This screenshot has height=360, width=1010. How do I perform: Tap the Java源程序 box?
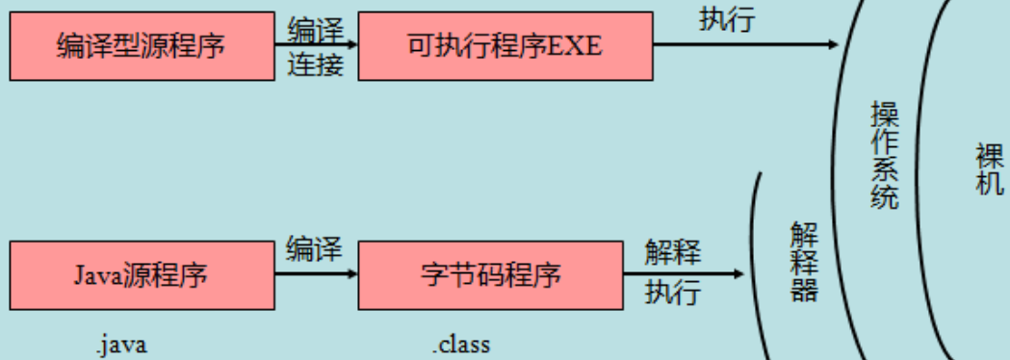(142, 275)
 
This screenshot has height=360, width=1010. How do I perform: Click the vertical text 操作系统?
(883, 156)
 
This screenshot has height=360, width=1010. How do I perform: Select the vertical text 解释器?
(804, 262)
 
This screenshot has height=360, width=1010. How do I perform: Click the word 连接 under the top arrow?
(315, 65)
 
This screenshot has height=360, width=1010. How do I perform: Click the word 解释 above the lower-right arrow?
(673, 253)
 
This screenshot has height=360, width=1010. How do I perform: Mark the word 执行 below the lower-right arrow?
(673, 291)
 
